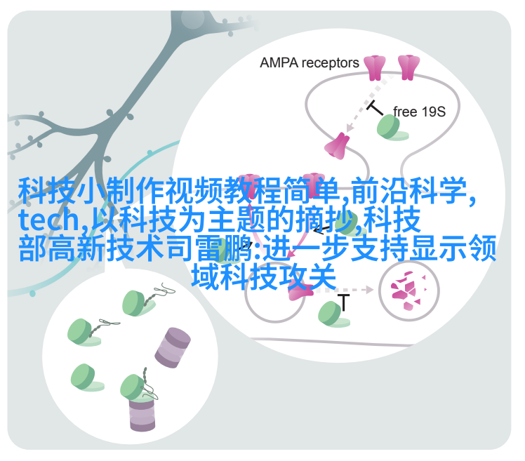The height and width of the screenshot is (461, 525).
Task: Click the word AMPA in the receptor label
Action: point(279,62)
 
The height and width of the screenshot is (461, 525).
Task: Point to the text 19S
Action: point(432,112)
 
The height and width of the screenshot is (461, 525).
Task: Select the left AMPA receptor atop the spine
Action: point(375,67)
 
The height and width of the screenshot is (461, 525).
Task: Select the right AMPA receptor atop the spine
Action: point(408,67)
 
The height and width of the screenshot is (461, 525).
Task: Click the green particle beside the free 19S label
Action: point(392,128)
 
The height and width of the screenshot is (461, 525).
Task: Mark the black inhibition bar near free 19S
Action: point(374,107)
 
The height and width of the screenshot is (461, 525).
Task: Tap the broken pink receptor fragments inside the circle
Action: point(408,290)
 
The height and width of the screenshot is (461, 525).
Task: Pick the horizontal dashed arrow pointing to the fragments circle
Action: point(345,290)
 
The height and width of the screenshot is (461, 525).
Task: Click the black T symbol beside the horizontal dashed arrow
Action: point(343,302)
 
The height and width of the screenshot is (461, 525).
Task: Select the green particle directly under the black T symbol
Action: point(333,314)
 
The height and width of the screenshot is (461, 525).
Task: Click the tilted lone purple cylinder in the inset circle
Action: point(173,348)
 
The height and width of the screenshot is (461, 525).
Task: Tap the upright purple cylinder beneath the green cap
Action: point(142,414)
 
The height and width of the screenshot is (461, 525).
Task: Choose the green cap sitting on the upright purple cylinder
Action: point(135,388)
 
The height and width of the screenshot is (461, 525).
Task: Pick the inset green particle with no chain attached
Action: point(86,378)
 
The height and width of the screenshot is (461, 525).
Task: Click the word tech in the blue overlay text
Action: point(48,220)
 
